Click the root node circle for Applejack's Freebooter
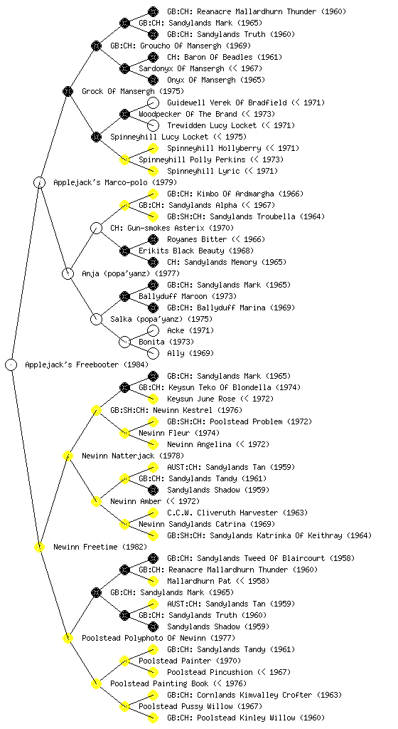point(11,364)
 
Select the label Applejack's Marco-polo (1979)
point(115,183)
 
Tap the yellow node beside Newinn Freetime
point(40,547)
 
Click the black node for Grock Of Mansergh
point(68,91)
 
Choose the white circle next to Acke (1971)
point(153,330)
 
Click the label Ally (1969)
point(190,353)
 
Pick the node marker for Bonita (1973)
point(125,342)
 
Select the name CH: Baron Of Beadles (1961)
point(225,57)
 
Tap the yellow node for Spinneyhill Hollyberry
point(153,148)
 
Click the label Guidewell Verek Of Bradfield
point(227,103)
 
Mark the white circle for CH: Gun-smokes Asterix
point(97,228)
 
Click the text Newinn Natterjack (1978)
point(133,456)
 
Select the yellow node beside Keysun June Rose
point(153,399)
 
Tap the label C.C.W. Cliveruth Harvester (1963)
point(237,513)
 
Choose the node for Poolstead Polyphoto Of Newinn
point(68,638)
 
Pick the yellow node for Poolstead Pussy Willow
point(125,706)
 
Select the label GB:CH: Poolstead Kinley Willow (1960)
point(246,718)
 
